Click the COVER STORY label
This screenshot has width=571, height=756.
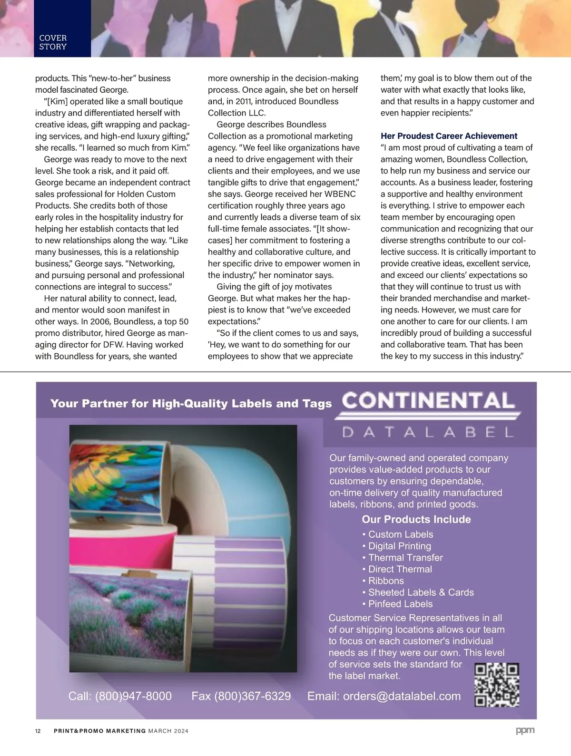53,42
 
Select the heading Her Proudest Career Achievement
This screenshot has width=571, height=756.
449,136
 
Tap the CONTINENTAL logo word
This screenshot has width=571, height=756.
428,401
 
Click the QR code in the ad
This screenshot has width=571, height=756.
497,685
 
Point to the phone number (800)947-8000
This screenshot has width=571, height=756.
133,696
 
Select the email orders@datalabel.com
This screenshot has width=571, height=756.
402,696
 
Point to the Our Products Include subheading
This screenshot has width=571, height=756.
416,520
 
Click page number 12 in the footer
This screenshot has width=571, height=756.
38,731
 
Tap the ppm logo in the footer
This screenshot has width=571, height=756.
525,730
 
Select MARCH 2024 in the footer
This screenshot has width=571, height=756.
168,731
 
